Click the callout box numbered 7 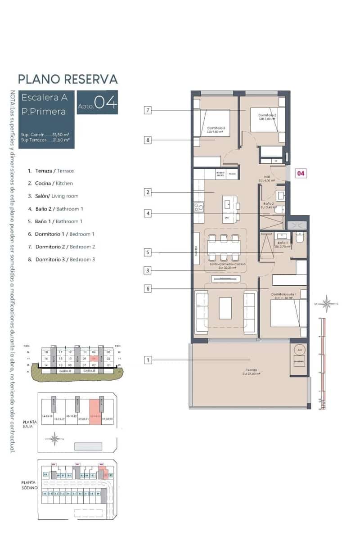pyautogui.click(x=147, y=110)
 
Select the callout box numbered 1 pyautogui.click(x=147, y=360)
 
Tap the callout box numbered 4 pyautogui.click(x=147, y=213)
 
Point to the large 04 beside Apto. pyautogui.click(x=106, y=103)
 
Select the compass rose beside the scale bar pyautogui.click(x=328, y=304)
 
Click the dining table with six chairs pyautogui.click(x=224, y=247)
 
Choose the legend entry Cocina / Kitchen pyautogui.click(x=50, y=184)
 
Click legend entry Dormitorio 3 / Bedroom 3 pyautogui.click(x=61, y=259)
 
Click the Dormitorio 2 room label pyautogui.click(x=267, y=116)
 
